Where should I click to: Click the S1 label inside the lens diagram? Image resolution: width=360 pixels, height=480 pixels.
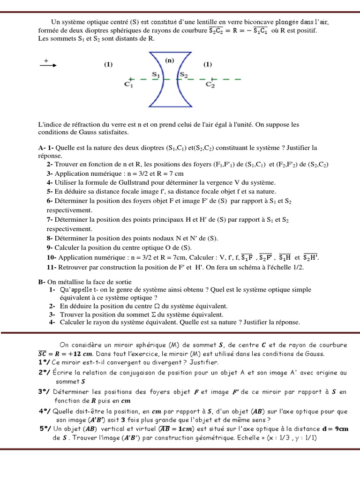pos(156,74)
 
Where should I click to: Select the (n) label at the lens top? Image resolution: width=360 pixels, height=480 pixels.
pos(169,60)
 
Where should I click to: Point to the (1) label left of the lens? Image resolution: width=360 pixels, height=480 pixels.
pos(109,65)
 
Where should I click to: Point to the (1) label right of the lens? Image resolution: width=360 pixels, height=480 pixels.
pos(208,65)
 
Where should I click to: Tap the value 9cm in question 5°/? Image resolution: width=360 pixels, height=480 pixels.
pos(340,429)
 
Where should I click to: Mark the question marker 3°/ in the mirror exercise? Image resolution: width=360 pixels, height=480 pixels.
pos(45,391)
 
